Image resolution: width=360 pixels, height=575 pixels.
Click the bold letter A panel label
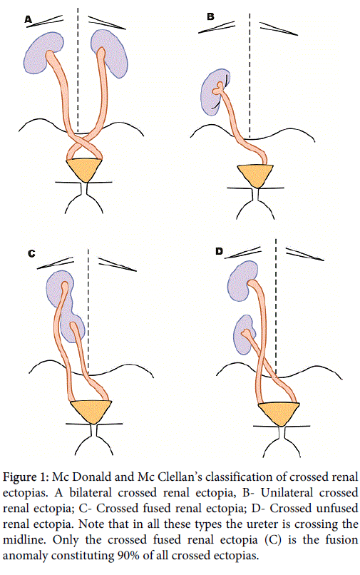(29, 19)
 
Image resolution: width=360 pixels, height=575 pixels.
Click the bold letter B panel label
(210, 16)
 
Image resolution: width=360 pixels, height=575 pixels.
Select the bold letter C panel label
(32, 253)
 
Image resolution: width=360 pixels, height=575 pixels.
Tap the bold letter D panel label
(219, 251)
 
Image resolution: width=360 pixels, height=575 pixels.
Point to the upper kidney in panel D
(240, 281)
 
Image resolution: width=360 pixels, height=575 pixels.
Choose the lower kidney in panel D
(244, 335)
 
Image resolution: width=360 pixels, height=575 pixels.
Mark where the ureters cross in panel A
(84, 141)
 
